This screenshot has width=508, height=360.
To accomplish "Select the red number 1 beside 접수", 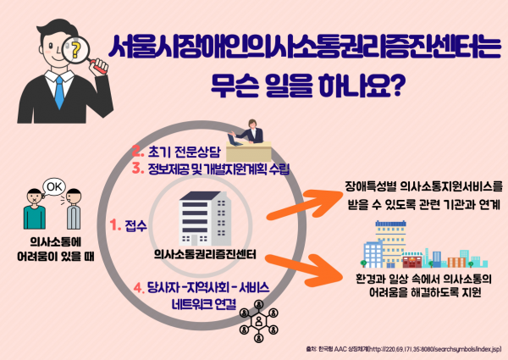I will [115, 225].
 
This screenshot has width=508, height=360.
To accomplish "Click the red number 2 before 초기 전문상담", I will [135, 153].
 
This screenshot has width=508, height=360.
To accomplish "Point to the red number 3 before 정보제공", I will [135, 169].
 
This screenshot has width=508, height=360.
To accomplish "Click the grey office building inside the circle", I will [206, 219].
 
